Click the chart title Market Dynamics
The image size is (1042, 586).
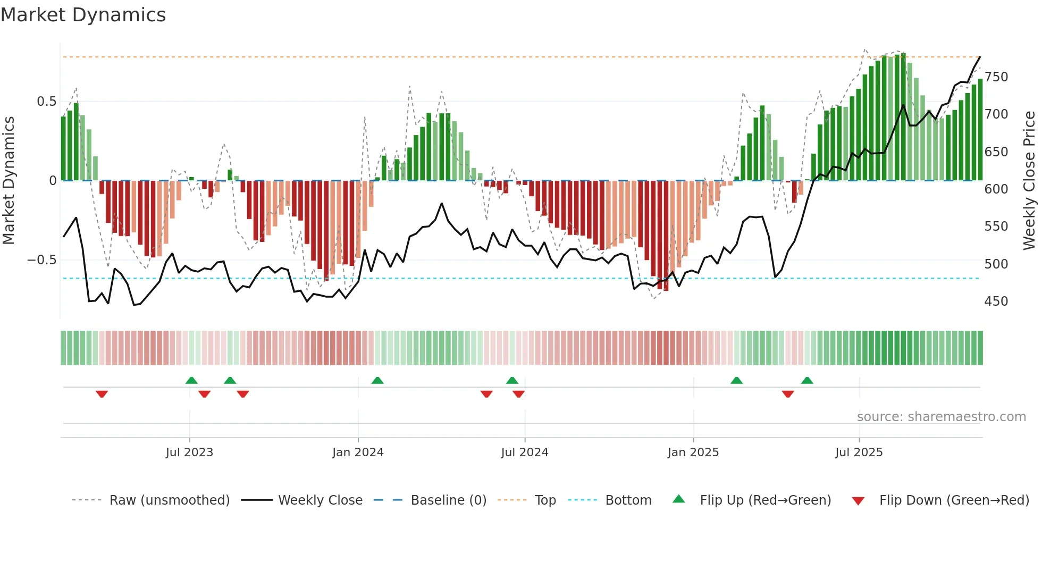click(x=83, y=15)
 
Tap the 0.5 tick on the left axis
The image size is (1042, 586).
click(x=46, y=102)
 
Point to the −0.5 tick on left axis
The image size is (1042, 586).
click(x=41, y=260)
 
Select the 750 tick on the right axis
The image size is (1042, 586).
click(x=996, y=77)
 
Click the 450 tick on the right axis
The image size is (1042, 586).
click(x=996, y=302)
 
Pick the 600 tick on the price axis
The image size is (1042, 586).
click(x=996, y=189)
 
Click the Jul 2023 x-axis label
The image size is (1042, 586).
click(x=189, y=453)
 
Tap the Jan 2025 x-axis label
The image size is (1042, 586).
click(x=693, y=453)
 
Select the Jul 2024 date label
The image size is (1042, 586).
click(x=525, y=453)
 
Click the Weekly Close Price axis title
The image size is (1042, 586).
click(x=1029, y=181)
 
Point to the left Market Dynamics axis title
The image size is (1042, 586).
click(x=9, y=181)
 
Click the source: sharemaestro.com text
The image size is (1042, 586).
click(x=942, y=417)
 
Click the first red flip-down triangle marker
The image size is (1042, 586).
click(x=102, y=394)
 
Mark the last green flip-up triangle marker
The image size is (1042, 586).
click(x=807, y=380)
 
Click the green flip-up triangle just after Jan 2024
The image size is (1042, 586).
click(x=377, y=380)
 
